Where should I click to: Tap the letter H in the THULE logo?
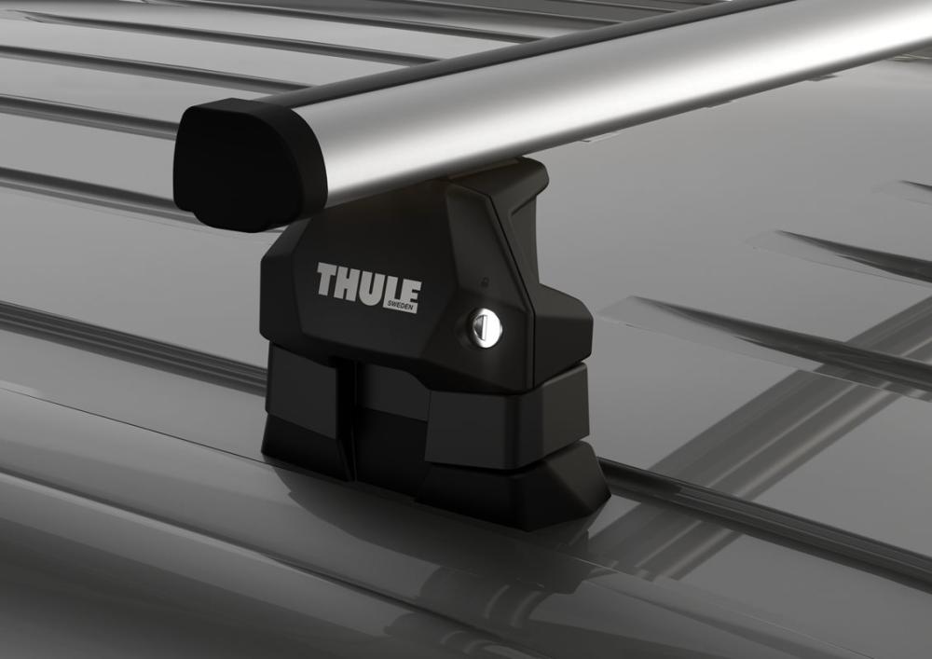[350, 281]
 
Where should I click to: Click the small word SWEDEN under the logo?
[402, 306]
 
